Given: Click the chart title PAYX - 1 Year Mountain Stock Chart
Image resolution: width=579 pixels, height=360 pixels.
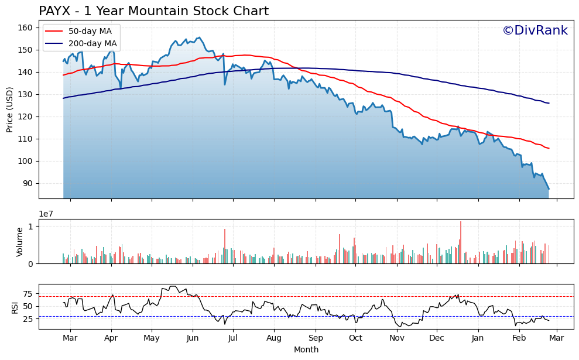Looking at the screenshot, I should click(x=153, y=11).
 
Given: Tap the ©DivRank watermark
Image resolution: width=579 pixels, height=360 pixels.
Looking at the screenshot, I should click(x=535, y=30).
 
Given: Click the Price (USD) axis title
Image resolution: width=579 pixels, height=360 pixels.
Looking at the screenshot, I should click(x=10, y=109).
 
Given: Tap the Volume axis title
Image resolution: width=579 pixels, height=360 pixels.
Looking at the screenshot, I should click(x=20, y=242).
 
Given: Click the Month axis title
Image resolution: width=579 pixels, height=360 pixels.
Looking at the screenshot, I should click(x=306, y=349).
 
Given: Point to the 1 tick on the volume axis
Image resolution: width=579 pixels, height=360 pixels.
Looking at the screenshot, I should click(x=33, y=226).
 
